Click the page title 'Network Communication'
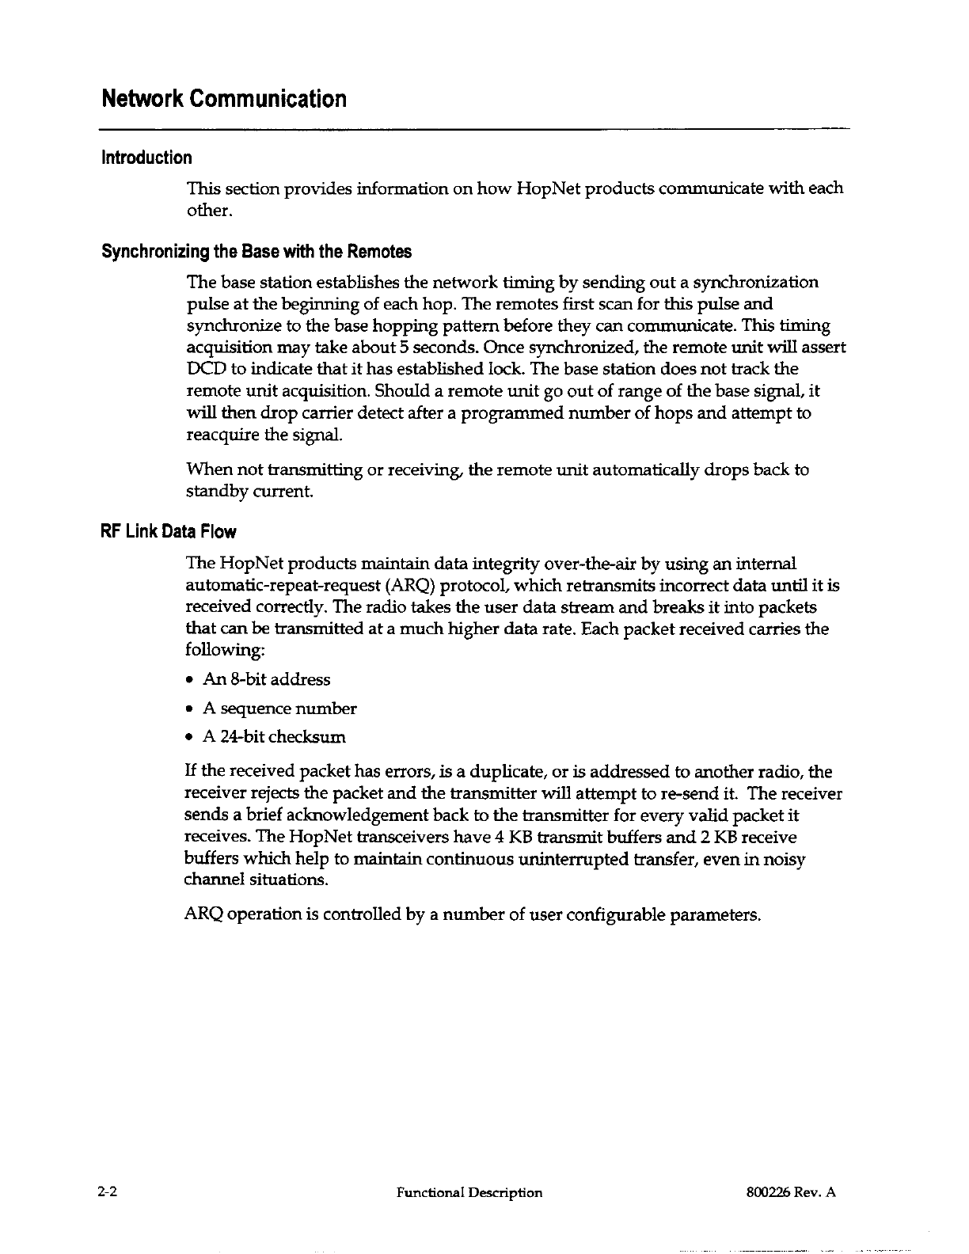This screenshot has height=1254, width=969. (x=224, y=100)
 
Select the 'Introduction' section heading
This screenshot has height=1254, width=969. (x=146, y=158)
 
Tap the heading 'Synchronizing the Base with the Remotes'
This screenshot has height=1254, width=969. (x=256, y=253)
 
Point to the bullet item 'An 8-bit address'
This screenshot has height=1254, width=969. (x=267, y=679)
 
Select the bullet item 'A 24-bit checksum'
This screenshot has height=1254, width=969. (x=274, y=737)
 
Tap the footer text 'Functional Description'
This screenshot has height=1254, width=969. (x=469, y=1193)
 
